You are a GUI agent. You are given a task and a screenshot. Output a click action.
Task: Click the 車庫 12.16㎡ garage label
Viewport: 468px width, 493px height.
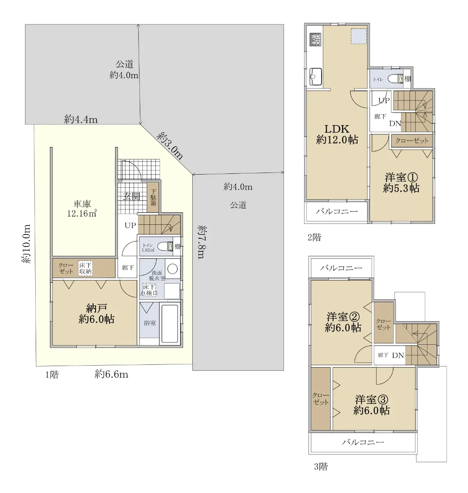pyautogui.click(x=82, y=208)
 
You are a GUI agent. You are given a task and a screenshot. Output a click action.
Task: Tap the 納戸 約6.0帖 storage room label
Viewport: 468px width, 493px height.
pyautogui.click(x=96, y=314)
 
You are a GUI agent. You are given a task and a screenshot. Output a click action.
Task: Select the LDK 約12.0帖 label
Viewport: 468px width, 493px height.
pyautogui.click(x=337, y=134)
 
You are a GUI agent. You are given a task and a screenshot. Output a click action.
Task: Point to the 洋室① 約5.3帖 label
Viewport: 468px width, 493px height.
pyautogui.click(x=401, y=183)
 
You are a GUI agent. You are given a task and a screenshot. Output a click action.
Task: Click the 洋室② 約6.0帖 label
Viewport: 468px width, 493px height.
pyautogui.click(x=343, y=322)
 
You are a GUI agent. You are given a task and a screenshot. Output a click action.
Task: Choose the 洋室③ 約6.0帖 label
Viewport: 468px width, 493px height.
pyautogui.click(x=371, y=405)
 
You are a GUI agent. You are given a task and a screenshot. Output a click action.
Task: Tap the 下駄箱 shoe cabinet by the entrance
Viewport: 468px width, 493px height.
pyautogui.click(x=153, y=197)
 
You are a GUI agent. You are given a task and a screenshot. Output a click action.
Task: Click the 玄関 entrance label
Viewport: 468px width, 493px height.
pyautogui.click(x=132, y=196)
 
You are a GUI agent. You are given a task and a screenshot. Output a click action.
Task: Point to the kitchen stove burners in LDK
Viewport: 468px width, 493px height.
pyautogui.click(x=315, y=39)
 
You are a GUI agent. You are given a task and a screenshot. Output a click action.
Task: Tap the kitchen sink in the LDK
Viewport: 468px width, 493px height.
pyautogui.click(x=315, y=76)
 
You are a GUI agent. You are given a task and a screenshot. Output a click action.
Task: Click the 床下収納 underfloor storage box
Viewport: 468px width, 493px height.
pyautogui.click(x=85, y=268)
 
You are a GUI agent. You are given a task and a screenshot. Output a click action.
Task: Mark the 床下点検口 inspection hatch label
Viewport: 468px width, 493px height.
pyautogui.click(x=149, y=290)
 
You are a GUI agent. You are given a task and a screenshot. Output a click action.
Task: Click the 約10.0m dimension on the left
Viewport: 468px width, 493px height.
pyautogui.click(x=26, y=244)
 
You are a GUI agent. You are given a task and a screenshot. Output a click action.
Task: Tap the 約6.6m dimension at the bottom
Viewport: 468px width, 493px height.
pyautogui.click(x=112, y=374)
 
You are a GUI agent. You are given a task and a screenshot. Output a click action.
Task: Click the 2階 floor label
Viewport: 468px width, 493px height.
pyautogui.click(x=314, y=237)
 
